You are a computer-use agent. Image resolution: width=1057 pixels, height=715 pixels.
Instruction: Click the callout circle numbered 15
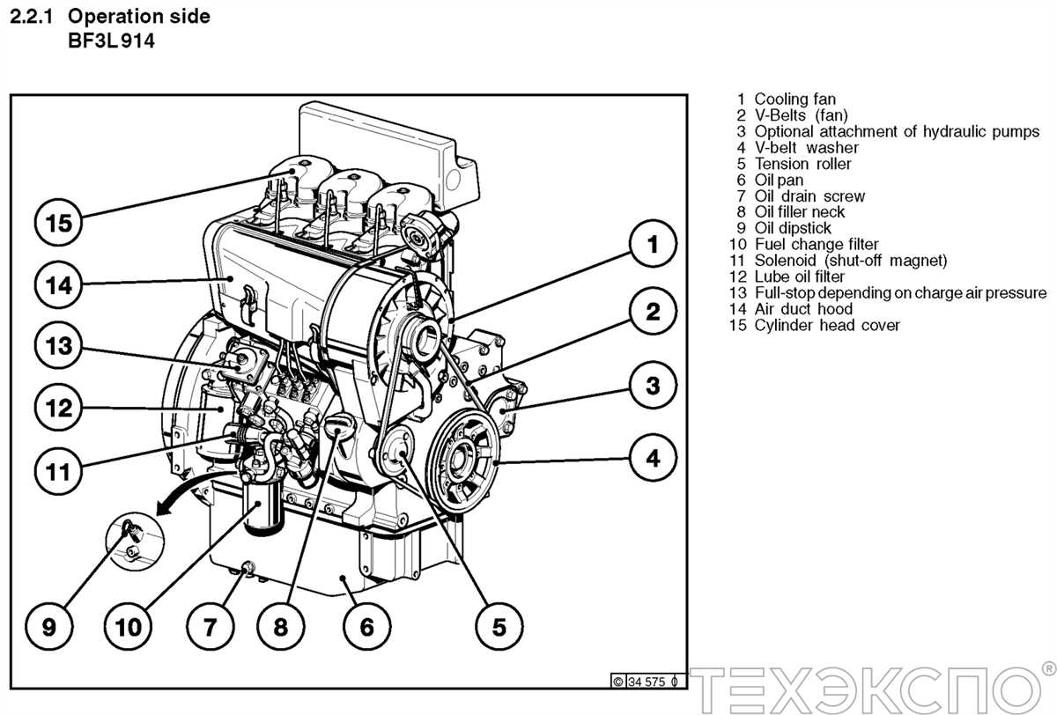58,223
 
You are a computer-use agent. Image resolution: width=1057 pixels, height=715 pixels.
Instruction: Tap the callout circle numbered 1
653,245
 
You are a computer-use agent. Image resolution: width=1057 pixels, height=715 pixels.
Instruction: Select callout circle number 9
48,626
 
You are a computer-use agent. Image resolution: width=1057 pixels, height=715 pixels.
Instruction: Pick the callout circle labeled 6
366,626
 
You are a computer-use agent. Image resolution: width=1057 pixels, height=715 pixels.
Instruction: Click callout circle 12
58,408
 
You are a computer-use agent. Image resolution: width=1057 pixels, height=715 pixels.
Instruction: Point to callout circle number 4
653,458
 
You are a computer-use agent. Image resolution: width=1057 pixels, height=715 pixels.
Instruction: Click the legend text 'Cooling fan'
795,100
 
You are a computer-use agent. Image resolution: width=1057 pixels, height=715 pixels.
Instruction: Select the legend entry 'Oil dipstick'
792,228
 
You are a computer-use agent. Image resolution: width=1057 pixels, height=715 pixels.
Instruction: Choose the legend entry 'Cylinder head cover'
826,325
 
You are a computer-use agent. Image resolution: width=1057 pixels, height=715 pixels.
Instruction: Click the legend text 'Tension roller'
802,164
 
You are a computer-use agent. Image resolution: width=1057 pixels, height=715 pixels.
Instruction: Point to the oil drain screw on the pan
247,567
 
